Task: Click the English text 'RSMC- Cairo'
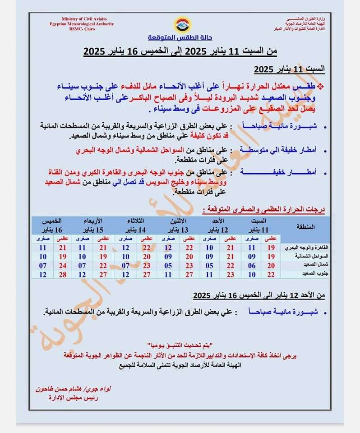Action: point(81,29)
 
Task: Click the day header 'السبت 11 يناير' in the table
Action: point(260,224)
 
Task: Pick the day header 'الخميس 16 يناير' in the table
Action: point(51,224)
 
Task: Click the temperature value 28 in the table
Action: point(63,274)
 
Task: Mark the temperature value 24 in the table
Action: point(63,265)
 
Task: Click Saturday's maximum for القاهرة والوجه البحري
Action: point(271,248)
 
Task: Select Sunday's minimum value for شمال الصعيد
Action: point(209,265)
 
